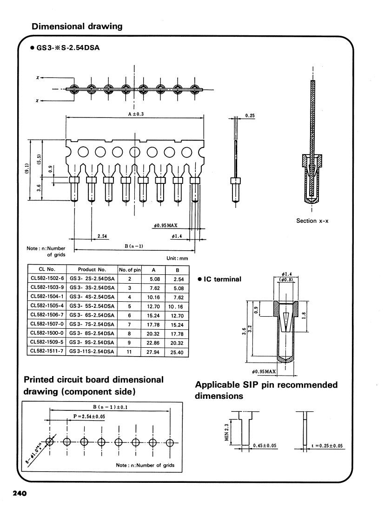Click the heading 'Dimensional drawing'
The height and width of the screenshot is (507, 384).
click(x=77, y=26)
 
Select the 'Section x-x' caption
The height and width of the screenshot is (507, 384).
click(x=312, y=221)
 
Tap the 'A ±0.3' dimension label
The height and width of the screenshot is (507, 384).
click(x=135, y=113)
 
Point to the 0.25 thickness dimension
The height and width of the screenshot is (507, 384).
click(x=250, y=116)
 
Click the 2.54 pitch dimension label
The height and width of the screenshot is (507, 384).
click(x=102, y=236)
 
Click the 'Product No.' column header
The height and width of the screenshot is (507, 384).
click(x=92, y=269)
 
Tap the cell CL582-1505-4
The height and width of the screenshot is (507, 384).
click(x=46, y=306)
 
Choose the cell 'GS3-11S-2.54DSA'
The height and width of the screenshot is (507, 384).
click(x=92, y=352)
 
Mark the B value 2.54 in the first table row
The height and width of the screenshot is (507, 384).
click(x=178, y=279)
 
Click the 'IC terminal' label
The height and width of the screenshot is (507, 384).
click(x=222, y=279)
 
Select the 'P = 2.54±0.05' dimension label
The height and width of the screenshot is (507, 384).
click(x=89, y=416)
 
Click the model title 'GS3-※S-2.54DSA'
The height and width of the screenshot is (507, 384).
click(x=68, y=48)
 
